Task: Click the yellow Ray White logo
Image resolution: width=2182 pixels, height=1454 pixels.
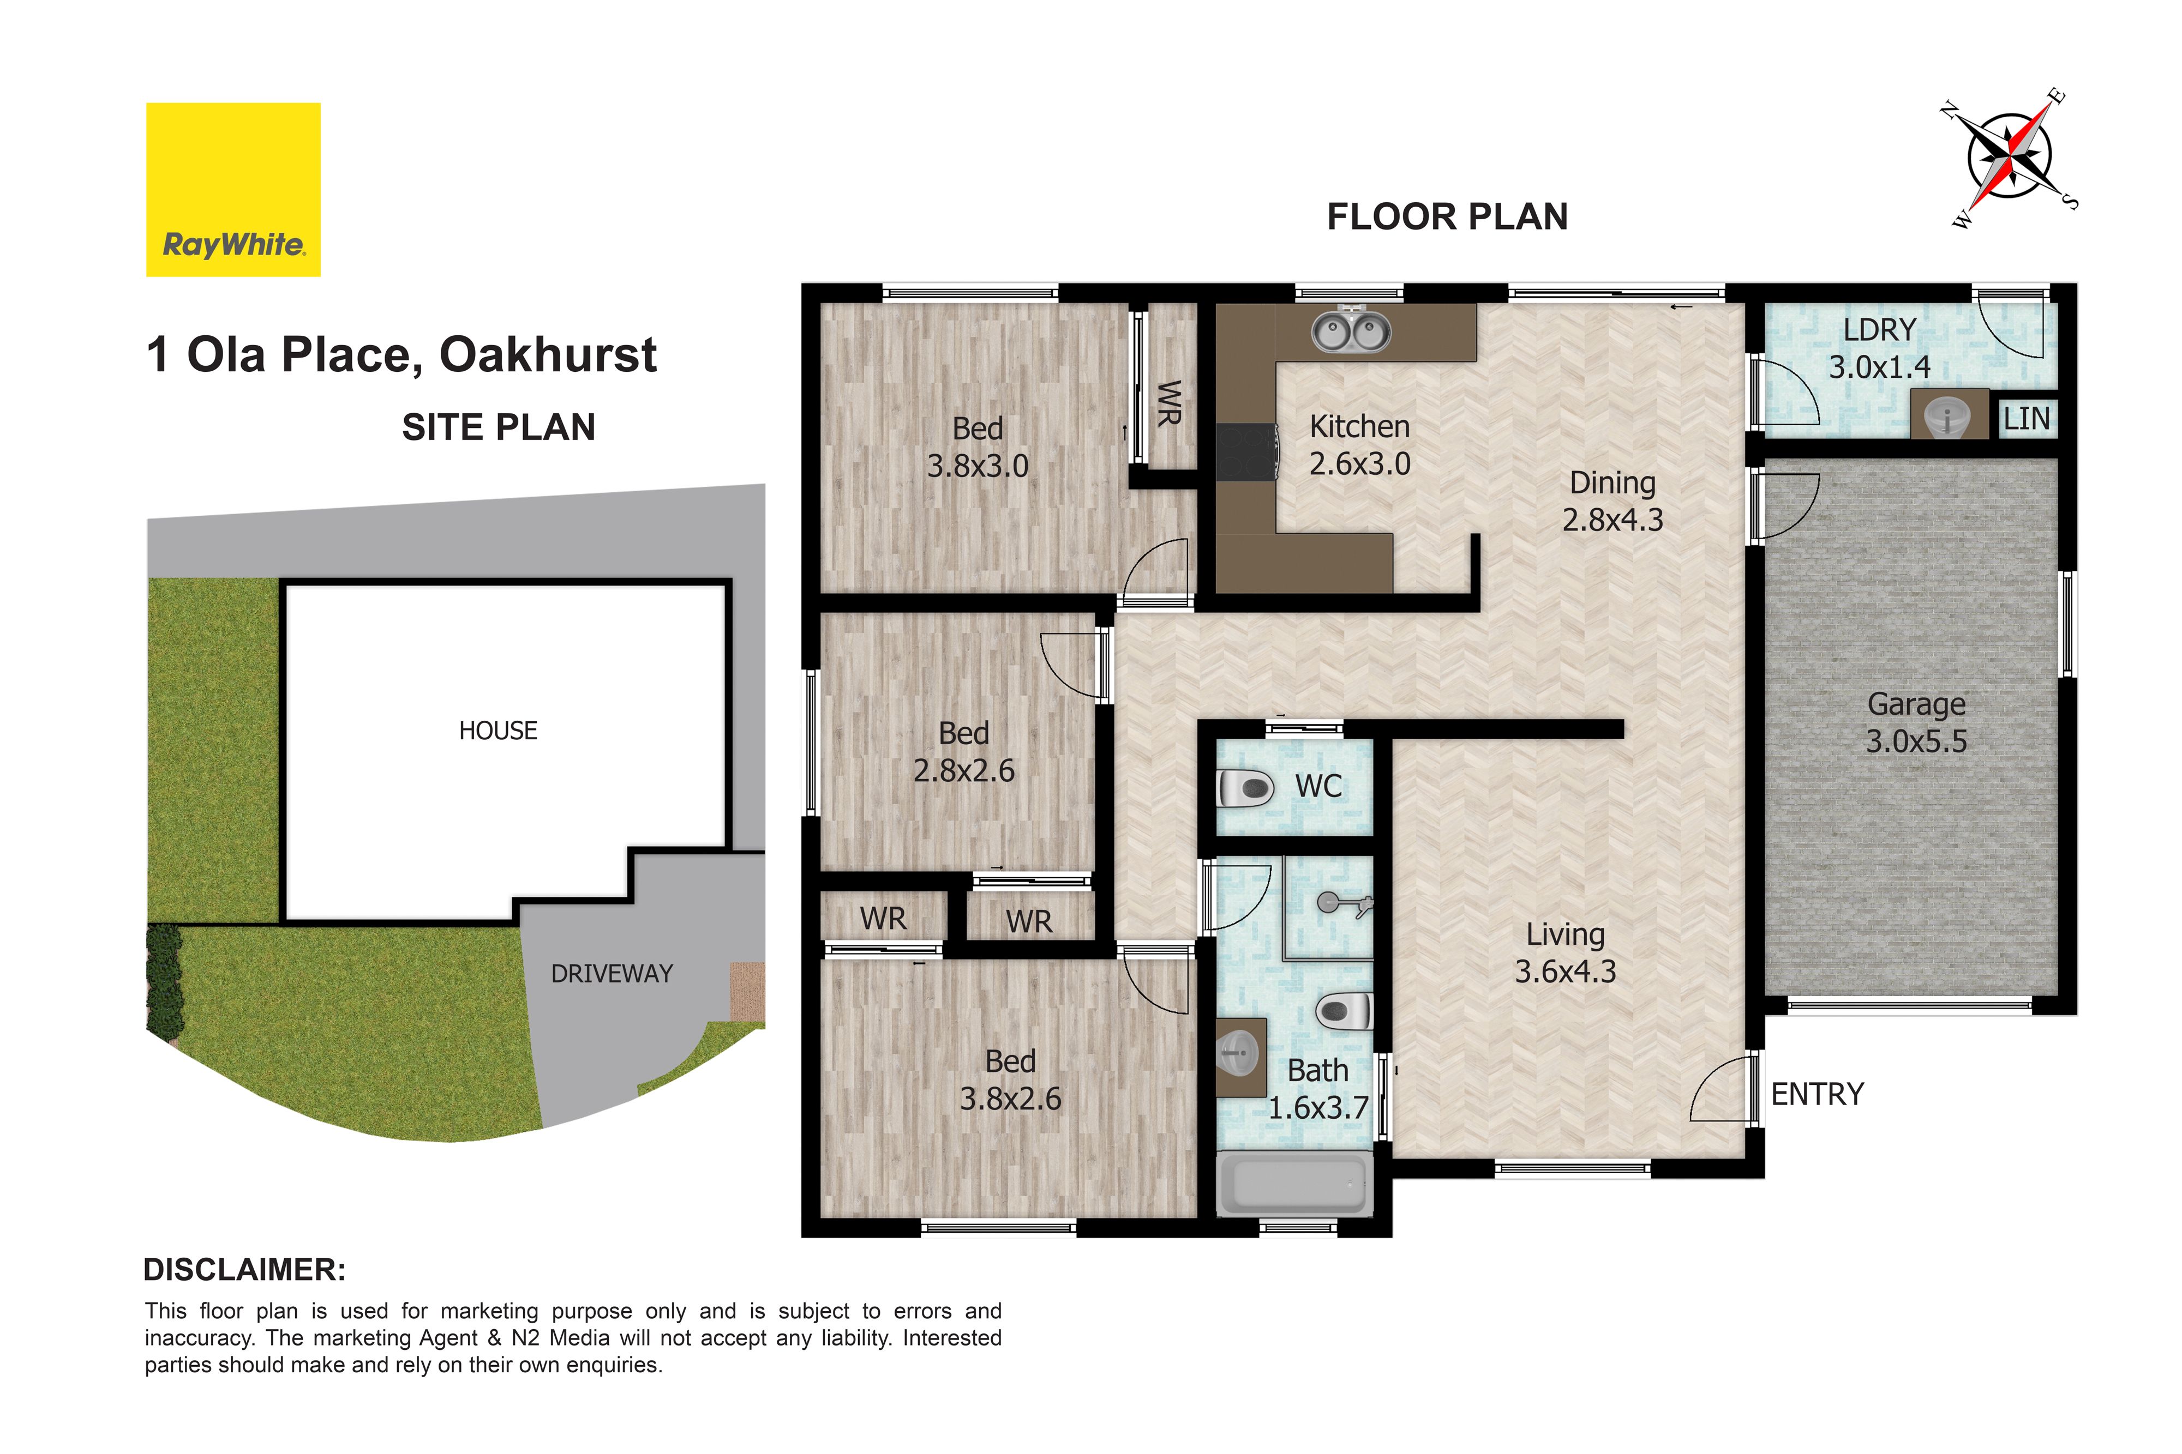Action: coord(233,189)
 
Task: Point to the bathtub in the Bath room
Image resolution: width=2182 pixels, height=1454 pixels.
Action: coord(1294,1184)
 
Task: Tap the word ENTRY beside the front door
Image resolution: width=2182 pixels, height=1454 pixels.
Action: coord(1818,1094)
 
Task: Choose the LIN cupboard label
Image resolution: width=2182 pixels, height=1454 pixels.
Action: coord(2026,419)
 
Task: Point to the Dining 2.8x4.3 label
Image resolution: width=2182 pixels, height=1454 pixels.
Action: coord(1612,500)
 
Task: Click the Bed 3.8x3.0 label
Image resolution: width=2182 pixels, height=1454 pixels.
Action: coord(978,447)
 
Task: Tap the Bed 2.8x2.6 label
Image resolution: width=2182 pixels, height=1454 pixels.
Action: coord(964,751)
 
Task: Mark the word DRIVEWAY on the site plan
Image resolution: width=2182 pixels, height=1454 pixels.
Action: coord(612,974)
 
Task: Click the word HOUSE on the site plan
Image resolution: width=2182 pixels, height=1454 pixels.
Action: coord(498,731)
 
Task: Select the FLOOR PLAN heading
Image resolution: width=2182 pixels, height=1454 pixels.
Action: coord(1447,217)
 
